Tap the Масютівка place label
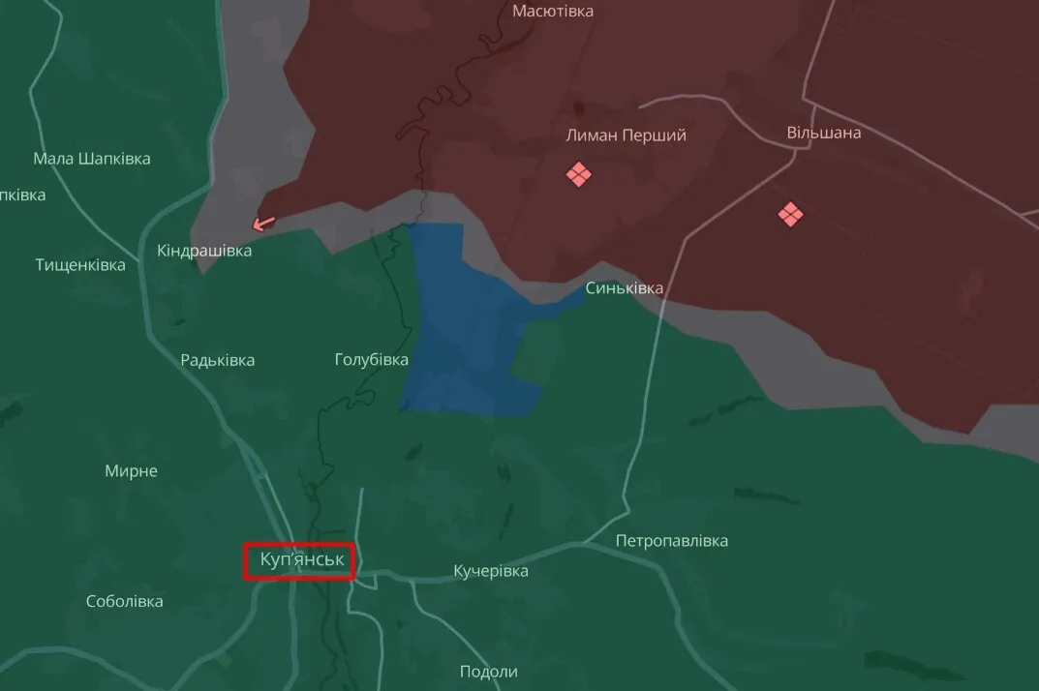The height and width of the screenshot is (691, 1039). tap(553, 12)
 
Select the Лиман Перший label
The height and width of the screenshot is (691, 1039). tap(626, 135)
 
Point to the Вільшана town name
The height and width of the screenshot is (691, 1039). tap(823, 133)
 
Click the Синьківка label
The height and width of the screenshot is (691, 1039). tap(625, 288)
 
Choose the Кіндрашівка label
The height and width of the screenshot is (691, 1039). tap(204, 251)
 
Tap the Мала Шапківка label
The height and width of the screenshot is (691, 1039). tap(92, 159)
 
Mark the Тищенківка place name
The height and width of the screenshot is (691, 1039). tap(80, 264)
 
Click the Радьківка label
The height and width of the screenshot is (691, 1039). tap(218, 360)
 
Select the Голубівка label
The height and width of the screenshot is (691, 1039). tap(372, 360)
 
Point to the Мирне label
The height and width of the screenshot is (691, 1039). tap(131, 471)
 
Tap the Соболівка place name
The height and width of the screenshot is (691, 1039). tap(125, 601)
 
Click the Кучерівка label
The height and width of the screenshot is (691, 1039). tap(491, 571)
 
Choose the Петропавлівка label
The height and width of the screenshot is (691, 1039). tap(672, 541)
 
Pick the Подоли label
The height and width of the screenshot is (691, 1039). tap(489, 672)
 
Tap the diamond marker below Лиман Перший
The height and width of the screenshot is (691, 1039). tap(579, 174)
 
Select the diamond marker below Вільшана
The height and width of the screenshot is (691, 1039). tap(790, 214)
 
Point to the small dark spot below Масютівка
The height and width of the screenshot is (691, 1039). tap(579, 107)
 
